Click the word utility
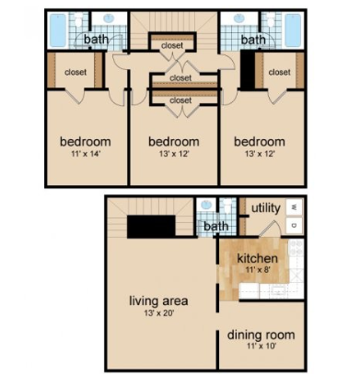point(266,208)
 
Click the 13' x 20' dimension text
point(158,313)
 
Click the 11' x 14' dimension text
point(86,154)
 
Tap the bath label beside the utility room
point(216,226)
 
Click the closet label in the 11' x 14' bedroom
point(75,72)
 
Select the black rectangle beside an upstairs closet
point(247,71)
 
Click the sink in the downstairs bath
point(206,206)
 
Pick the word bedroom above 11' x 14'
point(86,141)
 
